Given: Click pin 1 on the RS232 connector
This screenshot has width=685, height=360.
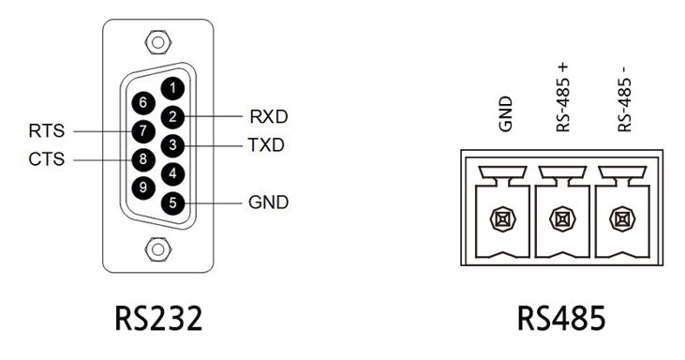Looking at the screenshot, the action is tap(172, 88).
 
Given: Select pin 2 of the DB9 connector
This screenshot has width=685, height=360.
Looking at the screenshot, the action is tap(172, 116).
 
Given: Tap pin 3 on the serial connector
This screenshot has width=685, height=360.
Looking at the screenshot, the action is tap(172, 145).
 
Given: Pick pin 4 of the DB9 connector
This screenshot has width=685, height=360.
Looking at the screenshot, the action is tap(172, 173).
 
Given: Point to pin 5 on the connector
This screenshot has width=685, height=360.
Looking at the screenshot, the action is tap(172, 202).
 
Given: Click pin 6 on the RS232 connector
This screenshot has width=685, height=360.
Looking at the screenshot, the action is tap(143, 103).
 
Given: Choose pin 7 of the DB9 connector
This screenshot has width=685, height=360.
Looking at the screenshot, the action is tap(143, 131).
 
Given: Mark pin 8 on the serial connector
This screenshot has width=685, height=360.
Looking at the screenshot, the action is tap(143, 159).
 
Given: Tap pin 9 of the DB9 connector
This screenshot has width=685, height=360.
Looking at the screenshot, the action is tap(143, 187).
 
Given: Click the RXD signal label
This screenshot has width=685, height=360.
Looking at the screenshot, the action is tap(269, 116).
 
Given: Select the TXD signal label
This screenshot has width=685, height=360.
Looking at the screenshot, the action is tap(266, 145).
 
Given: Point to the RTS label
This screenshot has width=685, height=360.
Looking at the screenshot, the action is tap(46, 131).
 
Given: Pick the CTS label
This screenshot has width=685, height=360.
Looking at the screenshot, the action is tap(46, 159).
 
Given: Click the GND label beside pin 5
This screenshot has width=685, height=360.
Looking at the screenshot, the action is tap(268, 202).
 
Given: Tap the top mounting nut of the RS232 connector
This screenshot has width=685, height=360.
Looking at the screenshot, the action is tap(158, 42).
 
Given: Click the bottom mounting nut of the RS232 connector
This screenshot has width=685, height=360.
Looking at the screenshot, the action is tap(158, 249).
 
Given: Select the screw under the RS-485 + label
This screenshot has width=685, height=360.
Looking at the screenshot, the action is tap(562, 219).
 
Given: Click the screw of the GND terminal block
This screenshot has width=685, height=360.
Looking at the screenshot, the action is tap(503, 219).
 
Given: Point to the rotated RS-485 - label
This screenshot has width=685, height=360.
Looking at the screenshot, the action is tap(625, 99).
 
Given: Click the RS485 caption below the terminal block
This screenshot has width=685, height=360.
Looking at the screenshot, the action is tap(561, 318).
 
